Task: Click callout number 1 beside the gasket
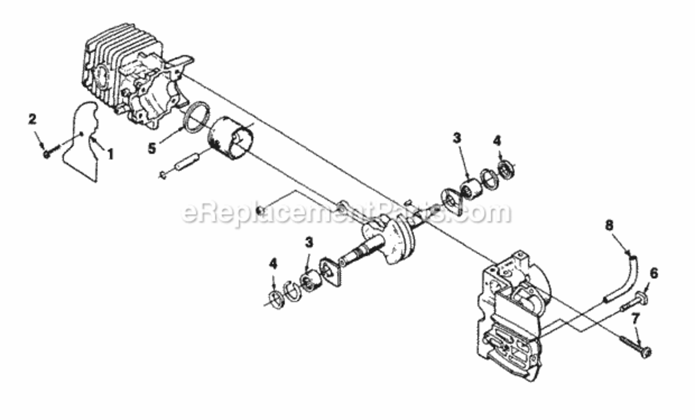click(x=110, y=153)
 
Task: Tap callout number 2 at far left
click(x=32, y=119)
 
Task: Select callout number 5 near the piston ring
click(x=153, y=150)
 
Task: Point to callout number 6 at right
click(x=654, y=274)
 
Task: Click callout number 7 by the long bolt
click(x=635, y=320)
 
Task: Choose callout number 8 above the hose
click(x=609, y=226)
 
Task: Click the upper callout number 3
click(x=457, y=138)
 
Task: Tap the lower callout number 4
click(x=273, y=263)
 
